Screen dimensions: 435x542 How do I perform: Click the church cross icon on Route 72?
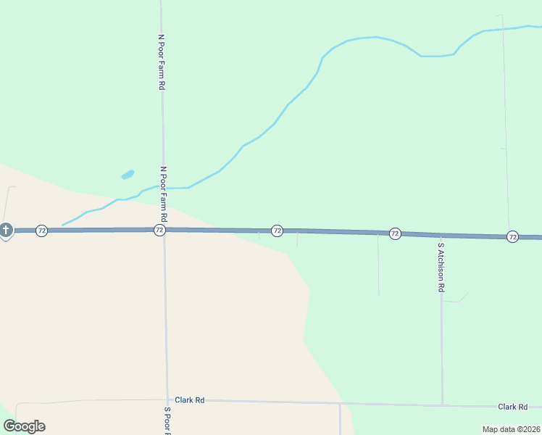[5, 231]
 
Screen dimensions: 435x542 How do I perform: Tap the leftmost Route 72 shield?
[42, 231]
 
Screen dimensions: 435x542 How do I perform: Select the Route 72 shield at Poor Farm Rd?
[159, 230]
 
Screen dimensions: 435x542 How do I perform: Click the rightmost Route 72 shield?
[512, 236]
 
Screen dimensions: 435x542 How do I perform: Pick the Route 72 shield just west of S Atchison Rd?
[395, 233]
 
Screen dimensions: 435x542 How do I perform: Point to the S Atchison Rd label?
[440, 267]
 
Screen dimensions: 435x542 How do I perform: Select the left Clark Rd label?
[190, 399]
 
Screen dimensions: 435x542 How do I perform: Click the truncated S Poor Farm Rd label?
[167, 420]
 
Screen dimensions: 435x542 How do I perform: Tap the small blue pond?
[128, 175]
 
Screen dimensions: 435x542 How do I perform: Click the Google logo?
[24, 426]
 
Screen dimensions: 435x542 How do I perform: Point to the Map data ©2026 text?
[511, 429]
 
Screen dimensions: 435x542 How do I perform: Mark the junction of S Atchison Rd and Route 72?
[441, 235]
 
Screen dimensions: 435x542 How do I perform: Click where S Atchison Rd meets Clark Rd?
[442, 405]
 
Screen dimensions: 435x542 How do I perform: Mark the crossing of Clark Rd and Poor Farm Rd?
[167, 400]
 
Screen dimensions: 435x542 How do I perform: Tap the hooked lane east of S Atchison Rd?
[456, 300]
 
